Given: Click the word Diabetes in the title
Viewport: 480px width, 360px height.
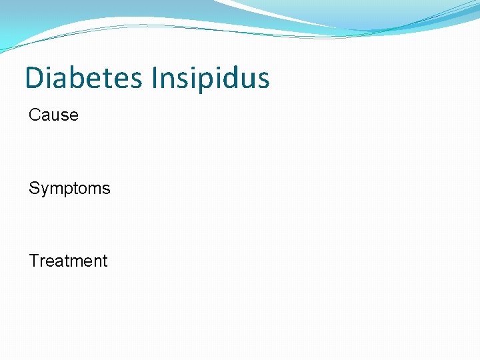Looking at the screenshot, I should click(x=83, y=78).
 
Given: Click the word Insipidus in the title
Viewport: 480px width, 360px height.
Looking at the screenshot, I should click(x=211, y=78).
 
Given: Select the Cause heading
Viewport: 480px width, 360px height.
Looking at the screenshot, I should click(x=53, y=115).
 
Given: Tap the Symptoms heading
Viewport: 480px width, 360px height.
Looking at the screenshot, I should click(x=69, y=189).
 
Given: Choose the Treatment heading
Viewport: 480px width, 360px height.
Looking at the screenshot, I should click(x=68, y=261).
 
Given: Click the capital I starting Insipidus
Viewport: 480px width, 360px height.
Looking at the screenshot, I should click(x=155, y=78).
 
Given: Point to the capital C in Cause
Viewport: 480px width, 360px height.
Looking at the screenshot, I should click(x=35, y=115).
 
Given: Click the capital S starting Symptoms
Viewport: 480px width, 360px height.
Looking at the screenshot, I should click(x=34, y=189).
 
